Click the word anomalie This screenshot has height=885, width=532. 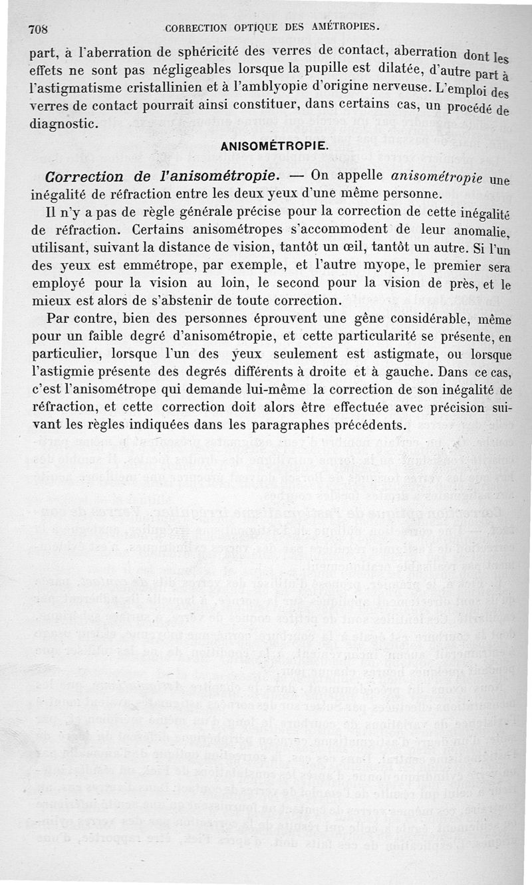pos(477,233)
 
